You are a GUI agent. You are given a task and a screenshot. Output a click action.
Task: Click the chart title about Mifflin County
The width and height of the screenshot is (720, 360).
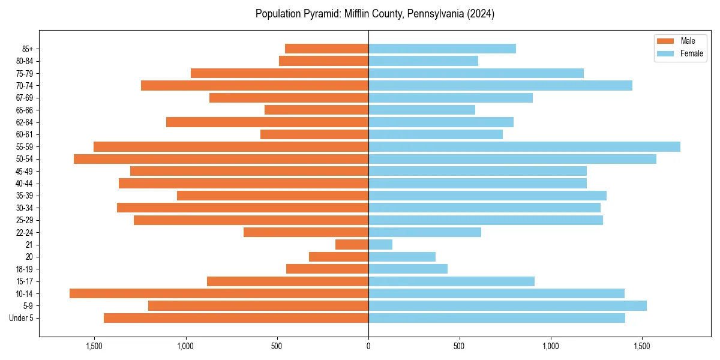(374, 14)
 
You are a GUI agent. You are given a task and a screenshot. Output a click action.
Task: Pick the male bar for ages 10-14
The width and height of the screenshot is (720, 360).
(219, 293)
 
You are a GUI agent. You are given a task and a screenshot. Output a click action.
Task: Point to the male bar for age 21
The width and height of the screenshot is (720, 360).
(352, 244)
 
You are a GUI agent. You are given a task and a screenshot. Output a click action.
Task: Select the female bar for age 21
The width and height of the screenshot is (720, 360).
(380, 244)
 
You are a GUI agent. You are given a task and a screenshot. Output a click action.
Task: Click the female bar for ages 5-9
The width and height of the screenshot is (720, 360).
(507, 305)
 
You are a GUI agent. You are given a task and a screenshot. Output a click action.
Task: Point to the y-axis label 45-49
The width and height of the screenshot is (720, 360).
(24, 171)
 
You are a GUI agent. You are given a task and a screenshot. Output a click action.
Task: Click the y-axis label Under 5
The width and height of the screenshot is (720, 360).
(21, 318)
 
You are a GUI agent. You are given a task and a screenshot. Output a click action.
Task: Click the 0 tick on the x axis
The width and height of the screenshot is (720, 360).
(368, 346)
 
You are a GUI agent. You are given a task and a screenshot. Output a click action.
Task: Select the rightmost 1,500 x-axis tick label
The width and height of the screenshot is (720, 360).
(642, 346)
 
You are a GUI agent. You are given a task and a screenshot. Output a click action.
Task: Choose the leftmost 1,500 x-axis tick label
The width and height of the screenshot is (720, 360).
(94, 346)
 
